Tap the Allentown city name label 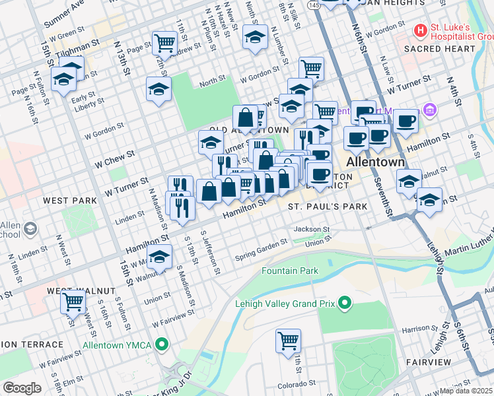[376, 162]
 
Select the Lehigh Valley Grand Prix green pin [343, 304]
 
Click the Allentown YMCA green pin [164, 345]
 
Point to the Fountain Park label [289, 271]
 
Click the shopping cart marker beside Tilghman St [164, 43]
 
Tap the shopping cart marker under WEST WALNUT [73, 302]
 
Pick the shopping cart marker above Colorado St [288, 341]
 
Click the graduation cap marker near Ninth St [254, 37]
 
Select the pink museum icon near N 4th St [430, 109]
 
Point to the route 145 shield [314, 5]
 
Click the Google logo [22, 388]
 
